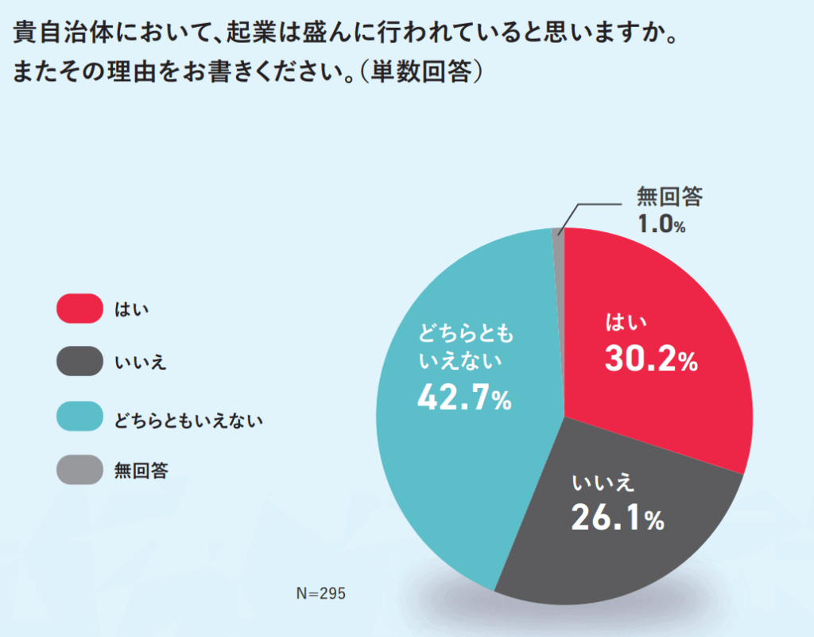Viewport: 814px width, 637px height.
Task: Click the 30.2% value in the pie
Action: coord(650,360)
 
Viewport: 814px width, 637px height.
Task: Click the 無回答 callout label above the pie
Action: coord(670,196)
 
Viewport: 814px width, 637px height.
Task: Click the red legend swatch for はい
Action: coord(79,309)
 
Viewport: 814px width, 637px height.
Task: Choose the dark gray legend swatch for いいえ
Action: coord(79,362)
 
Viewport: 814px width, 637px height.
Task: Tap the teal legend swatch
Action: coord(79,416)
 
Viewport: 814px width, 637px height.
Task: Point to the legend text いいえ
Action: coord(141,363)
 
